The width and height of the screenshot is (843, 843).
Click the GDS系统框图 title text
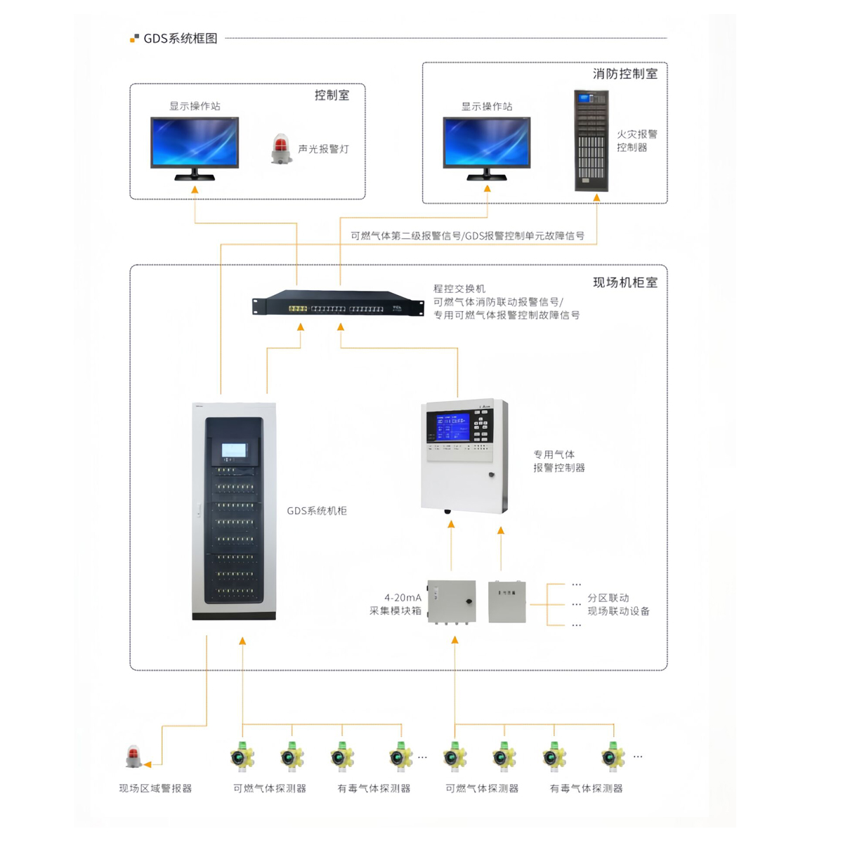pos(181,39)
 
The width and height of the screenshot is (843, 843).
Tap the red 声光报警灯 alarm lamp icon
pos(281,149)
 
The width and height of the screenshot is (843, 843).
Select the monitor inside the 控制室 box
pos(195,148)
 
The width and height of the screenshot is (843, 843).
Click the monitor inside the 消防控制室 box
pos(486,148)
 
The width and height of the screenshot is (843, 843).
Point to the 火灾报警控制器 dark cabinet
pos(591,140)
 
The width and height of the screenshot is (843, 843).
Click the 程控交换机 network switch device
pos(338,302)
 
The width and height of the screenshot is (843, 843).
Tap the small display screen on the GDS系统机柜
pos(234,450)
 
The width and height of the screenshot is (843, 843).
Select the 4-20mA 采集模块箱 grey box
pos(452,601)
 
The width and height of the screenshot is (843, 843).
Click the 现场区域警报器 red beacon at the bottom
pos(133,757)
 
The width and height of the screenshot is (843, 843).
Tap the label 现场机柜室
pos(625,282)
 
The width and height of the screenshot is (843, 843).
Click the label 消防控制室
pos(625,74)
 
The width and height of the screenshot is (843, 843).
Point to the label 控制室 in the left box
pos(332,96)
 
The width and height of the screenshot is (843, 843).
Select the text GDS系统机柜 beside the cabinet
pos(317,511)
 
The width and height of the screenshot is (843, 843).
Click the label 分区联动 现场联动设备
pos(618,604)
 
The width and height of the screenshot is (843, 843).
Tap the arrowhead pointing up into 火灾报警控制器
pos(596,197)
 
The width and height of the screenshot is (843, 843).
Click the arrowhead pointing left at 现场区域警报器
pos(148,764)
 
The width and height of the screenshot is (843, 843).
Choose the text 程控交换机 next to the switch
pos(459,289)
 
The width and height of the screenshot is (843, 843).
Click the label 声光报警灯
pos(323,149)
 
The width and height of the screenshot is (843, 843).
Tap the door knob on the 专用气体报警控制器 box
pos(491,475)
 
